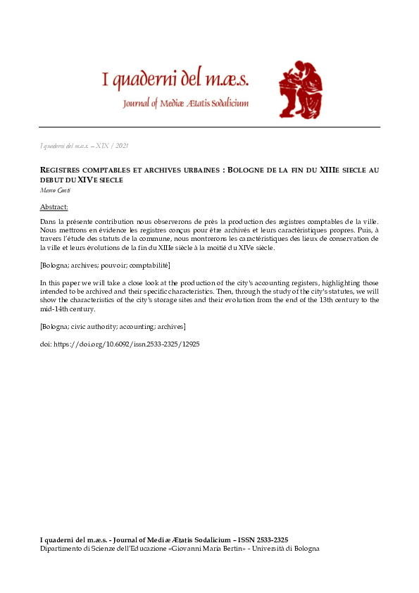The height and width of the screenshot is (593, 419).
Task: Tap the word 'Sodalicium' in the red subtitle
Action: (x=224, y=104)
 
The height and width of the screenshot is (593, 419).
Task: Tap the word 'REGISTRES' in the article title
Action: (x=64, y=170)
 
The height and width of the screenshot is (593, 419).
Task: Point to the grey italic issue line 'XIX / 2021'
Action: (x=116, y=146)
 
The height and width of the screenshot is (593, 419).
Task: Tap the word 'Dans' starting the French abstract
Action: (x=47, y=222)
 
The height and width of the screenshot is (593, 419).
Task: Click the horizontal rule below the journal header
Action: (x=209, y=127)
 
